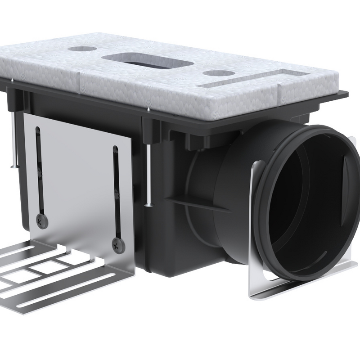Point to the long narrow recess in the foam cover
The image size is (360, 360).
pyautogui.click(x=252, y=79)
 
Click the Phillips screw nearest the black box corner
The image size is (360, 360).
pyautogui.click(x=118, y=244)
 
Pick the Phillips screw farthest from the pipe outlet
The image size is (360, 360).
pyautogui.click(x=42, y=220)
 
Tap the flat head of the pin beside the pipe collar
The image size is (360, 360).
pyautogui.click(x=149, y=205)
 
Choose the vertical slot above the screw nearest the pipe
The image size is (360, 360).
pyautogui.click(x=116, y=189)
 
